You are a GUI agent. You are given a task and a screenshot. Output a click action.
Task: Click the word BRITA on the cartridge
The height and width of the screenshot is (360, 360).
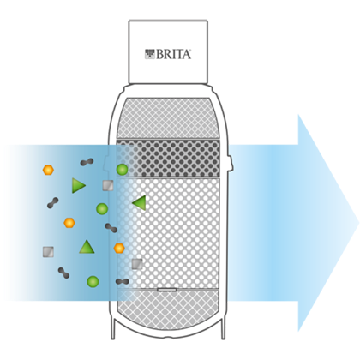tap(173, 54)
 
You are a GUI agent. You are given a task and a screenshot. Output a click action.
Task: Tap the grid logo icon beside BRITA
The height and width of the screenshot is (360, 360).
tap(150, 54)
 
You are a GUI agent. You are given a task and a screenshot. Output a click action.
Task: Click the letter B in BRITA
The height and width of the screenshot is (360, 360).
tap(159, 54)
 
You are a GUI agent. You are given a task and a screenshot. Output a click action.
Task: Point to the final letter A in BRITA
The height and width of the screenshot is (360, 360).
tap(186, 54)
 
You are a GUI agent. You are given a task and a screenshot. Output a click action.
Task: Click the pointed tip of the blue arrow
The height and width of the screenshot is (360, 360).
tap(358, 223)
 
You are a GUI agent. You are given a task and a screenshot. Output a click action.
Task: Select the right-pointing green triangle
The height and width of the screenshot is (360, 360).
tap(78, 185)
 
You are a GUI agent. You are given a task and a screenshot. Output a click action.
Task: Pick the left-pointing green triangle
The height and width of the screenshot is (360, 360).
tap(140, 203)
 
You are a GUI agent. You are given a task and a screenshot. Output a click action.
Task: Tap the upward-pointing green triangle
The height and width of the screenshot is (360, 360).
tap(87, 247)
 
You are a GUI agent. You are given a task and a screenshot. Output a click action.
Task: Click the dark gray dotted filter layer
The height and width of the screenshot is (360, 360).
tap(168, 158)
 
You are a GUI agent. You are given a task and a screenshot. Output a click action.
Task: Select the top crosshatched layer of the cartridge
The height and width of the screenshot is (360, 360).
tap(168, 118)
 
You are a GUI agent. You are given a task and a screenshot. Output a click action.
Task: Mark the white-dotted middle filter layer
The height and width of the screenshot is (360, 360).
tap(168, 233)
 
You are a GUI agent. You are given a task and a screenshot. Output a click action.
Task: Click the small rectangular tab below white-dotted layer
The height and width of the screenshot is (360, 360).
tap(166, 290)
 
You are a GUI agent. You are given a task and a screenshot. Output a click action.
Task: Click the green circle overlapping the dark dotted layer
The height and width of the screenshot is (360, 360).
tap(122, 170)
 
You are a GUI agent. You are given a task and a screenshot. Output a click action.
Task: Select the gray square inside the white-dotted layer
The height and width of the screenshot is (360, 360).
tap(137, 264)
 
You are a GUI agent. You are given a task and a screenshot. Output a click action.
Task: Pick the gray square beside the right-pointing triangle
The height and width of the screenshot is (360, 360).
tap(108, 185)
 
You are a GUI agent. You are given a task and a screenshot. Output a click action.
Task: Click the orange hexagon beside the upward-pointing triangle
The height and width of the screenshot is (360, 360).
tap(119, 248)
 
